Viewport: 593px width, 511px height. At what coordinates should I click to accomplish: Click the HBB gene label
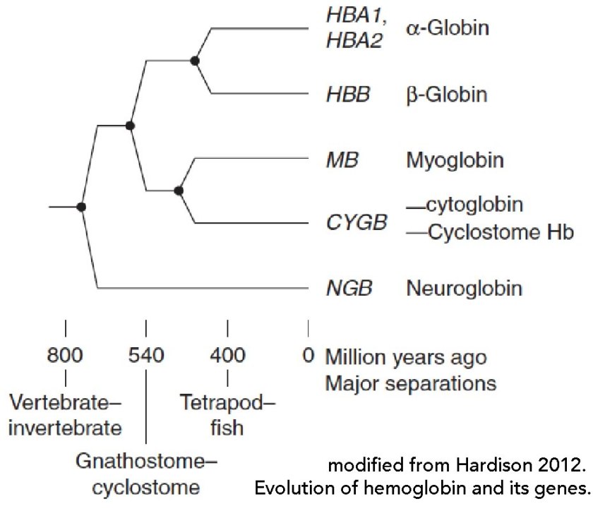[347, 95]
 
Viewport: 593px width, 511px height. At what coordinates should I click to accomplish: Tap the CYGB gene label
[357, 223]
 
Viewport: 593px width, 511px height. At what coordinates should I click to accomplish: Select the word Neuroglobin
[464, 289]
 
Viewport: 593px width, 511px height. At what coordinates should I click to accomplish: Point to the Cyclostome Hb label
[498, 232]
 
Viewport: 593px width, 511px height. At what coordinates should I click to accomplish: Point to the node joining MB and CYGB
[179, 190]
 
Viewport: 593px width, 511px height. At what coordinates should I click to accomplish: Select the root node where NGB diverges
[81, 207]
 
